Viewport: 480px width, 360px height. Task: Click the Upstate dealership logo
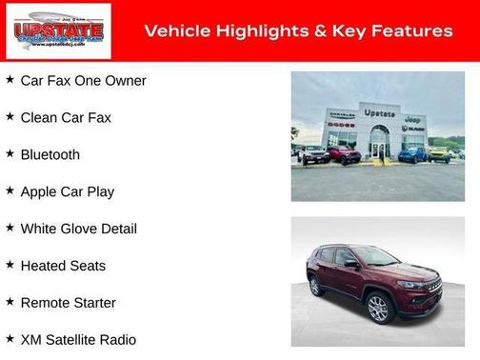click(x=58, y=30)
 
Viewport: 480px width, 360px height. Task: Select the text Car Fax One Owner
click(x=83, y=81)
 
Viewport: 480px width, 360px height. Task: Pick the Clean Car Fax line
click(x=66, y=118)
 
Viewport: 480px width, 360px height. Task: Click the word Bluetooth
click(x=50, y=155)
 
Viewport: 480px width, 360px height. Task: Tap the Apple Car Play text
click(x=67, y=192)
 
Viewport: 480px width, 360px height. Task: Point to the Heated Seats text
click(x=63, y=267)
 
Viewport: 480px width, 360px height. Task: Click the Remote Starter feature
click(x=68, y=303)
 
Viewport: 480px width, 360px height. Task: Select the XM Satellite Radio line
click(x=78, y=340)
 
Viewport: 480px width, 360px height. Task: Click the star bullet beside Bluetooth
click(x=10, y=154)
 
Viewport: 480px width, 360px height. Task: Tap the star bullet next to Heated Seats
click(x=10, y=266)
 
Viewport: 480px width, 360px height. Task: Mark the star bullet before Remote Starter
click(x=10, y=302)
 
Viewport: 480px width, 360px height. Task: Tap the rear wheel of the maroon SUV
click(x=315, y=286)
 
